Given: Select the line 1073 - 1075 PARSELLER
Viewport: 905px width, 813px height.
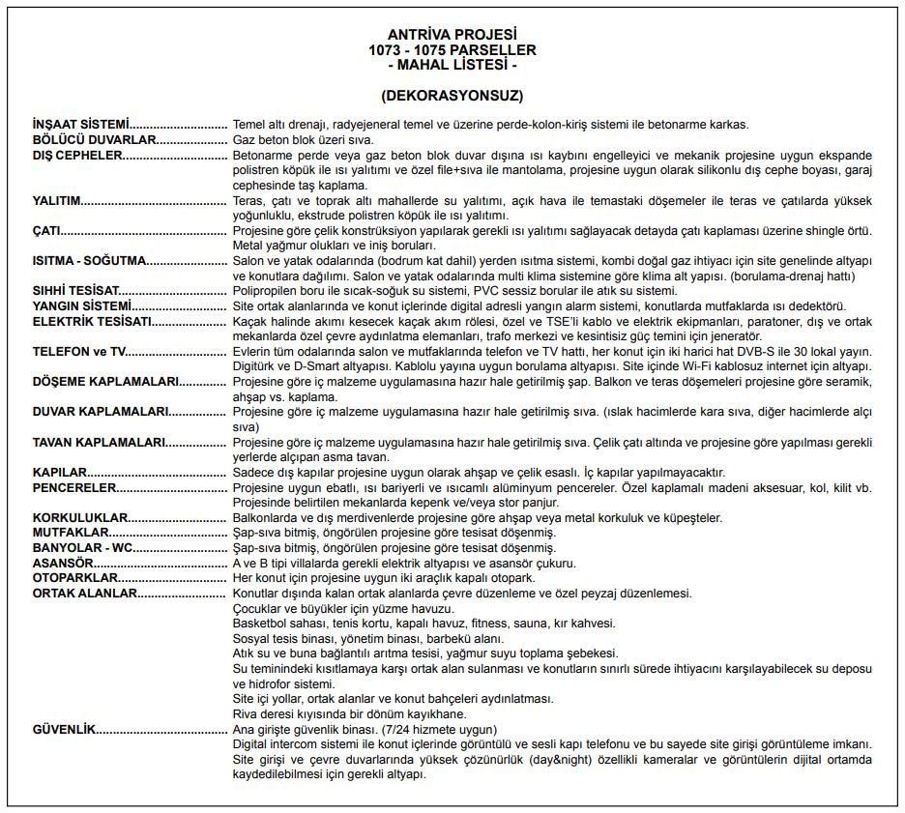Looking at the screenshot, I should coord(452,50).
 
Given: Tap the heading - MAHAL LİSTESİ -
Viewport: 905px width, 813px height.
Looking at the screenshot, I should coord(452,65).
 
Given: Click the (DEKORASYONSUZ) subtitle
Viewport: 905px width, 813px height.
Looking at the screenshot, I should coord(452,96).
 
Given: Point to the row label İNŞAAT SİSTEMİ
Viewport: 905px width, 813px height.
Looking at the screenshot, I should coord(80,125).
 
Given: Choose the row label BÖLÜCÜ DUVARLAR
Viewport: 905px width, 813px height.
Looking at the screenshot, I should coord(94,140).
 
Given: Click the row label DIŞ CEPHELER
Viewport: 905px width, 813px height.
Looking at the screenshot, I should coord(77,155).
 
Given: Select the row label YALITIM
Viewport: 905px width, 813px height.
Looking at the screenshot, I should coord(56,201).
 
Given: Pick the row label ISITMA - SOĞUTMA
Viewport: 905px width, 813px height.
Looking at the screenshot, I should coord(89,261).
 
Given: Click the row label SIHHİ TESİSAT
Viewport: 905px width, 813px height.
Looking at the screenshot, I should coord(76,291).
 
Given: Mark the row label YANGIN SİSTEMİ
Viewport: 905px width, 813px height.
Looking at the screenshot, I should coord(81,305).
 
